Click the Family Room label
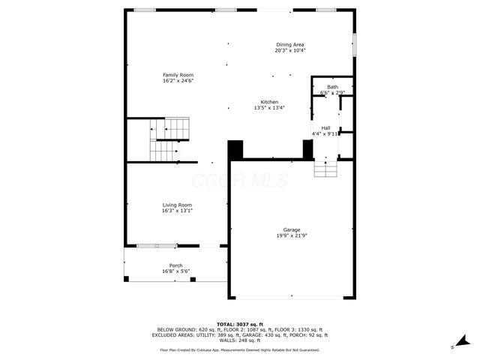click(x=178, y=75)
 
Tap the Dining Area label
click(x=290, y=44)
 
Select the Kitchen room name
click(x=269, y=102)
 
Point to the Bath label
click(x=332, y=87)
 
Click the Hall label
click(x=325, y=128)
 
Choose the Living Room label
click(x=177, y=205)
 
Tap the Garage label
click(x=292, y=229)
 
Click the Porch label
click(x=175, y=265)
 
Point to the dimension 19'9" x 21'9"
click(x=292, y=235)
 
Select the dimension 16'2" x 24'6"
click(x=178, y=81)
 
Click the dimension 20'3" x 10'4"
click(x=290, y=50)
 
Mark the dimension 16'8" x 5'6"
click(x=175, y=271)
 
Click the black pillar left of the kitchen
click(x=235, y=149)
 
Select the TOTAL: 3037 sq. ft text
click(x=239, y=322)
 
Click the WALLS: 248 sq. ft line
click(x=239, y=340)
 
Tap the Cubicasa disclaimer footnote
click(x=239, y=349)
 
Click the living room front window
click(x=157, y=245)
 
